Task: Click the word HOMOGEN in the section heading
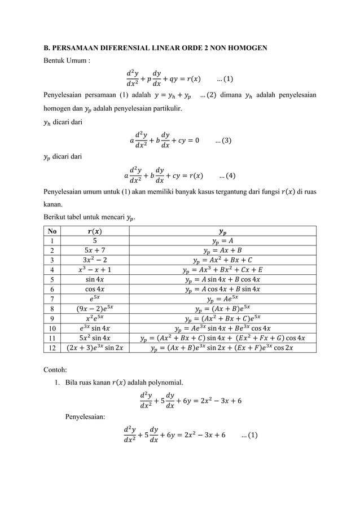click(x=248, y=47)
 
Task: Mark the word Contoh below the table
click(x=56, y=370)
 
